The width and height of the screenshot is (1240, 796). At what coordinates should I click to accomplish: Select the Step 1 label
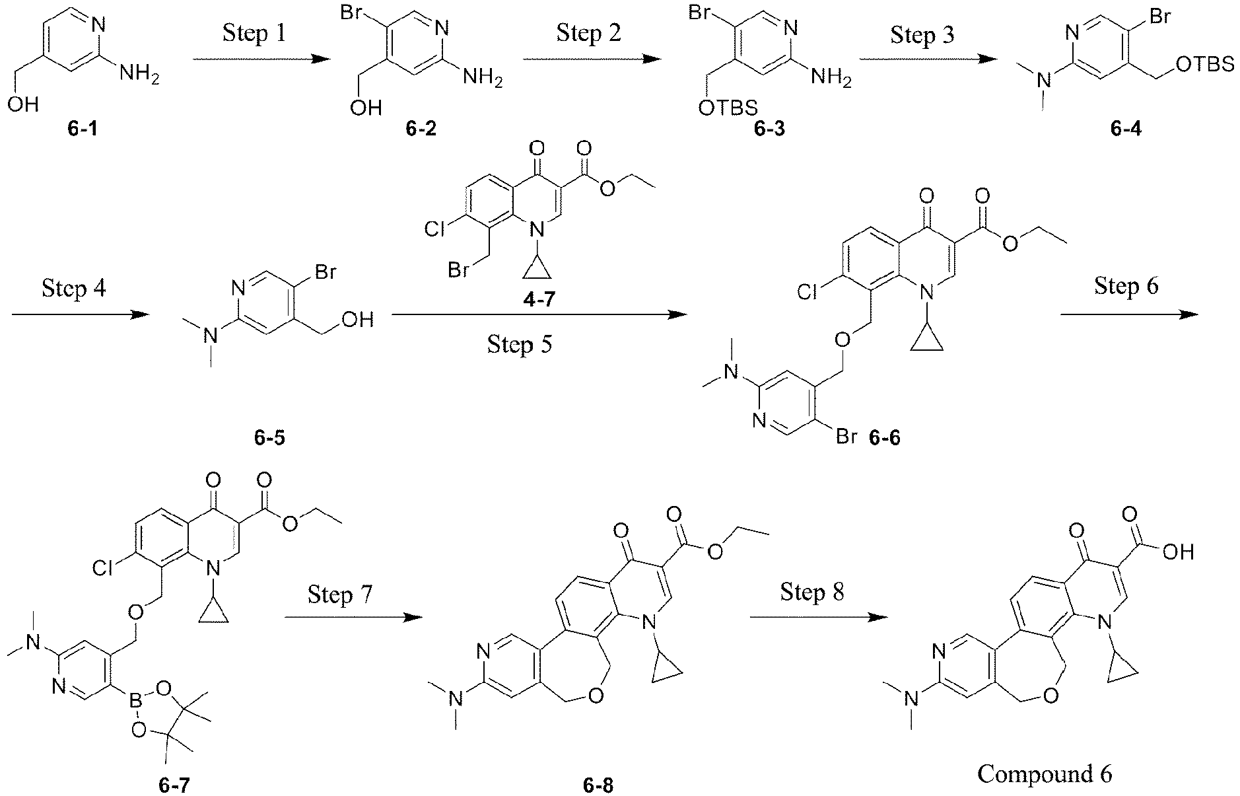point(254,32)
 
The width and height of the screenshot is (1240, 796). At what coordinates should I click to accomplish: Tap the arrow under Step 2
point(592,59)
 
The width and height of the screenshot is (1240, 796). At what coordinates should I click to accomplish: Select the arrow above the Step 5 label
point(539,316)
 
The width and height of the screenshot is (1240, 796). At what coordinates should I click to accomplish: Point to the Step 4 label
point(75,288)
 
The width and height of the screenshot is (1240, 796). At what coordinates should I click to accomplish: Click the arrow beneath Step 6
point(1129,315)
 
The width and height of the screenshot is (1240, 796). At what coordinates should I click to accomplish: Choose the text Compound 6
point(1045,773)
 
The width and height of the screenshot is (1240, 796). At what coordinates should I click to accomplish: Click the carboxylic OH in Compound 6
point(1179,551)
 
